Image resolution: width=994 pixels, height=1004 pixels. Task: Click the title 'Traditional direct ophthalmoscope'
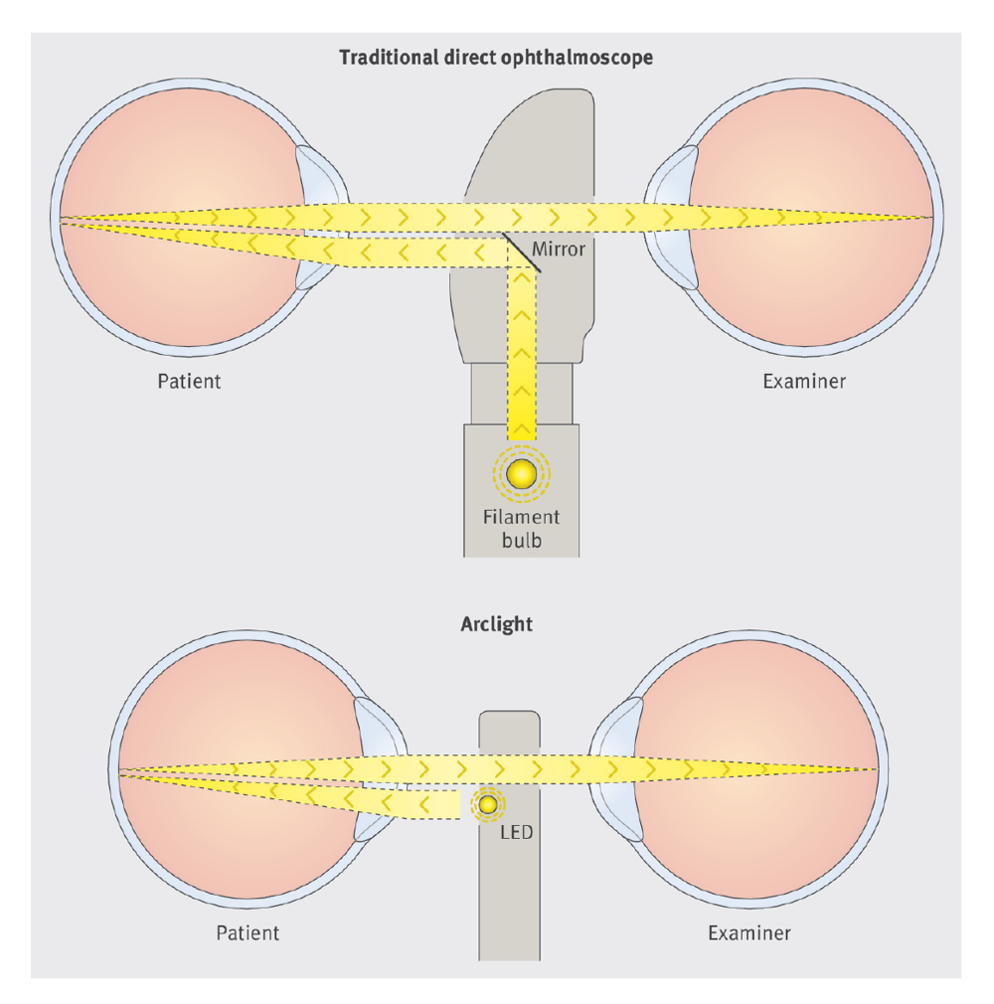[496, 57]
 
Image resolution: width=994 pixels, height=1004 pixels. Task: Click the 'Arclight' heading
[496, 624]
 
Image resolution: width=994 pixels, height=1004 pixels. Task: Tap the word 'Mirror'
[559, 249]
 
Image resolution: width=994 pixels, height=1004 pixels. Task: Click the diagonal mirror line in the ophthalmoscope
[521, 252]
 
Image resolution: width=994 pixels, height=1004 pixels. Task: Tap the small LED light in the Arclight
[488, 804]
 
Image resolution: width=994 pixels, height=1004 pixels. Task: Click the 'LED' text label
[517, 831]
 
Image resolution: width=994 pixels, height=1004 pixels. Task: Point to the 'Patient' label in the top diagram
[189, 381]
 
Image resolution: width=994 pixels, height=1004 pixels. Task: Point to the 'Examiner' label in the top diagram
[804, 381]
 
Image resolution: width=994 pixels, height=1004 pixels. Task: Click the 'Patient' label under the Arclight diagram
[248, 932]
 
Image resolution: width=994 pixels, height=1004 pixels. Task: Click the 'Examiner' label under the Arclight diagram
[749, 932]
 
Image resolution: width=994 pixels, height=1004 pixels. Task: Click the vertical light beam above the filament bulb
[522, 348]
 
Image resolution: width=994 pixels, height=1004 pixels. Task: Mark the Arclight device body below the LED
[509, 895]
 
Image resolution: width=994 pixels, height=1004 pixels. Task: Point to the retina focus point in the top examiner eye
[931, 216]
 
